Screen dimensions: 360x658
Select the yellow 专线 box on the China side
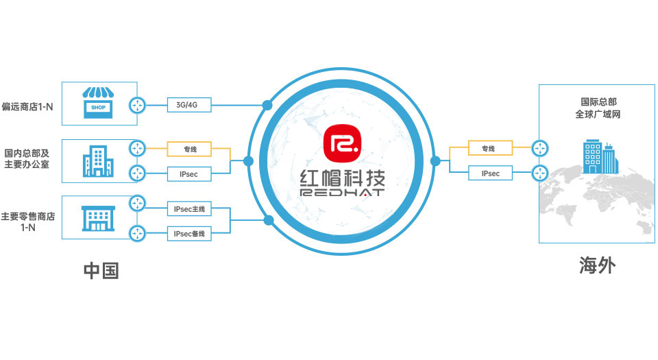pyautogui.click(x=190, y=147)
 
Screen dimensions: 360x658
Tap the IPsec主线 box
pyautogui.click(x=190, y=208)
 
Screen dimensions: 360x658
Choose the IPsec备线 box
pyautogui.click(x=190, y=234)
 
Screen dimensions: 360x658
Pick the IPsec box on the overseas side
pyautogui.click(x=490, y=173)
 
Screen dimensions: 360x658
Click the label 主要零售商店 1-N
pyautogui.click(x=28, y=221)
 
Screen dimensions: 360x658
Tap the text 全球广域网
pyautogui.click(x=598, y=115)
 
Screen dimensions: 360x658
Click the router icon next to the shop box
pyautogui.click(x=138, y=105)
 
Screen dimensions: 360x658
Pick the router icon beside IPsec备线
pyautogui.click(x=138, y=233)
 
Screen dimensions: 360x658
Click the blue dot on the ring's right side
pyautogui.click(x=435, y=161)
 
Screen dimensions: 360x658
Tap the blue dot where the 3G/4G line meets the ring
pyautogui.click(x=267, y=105)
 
